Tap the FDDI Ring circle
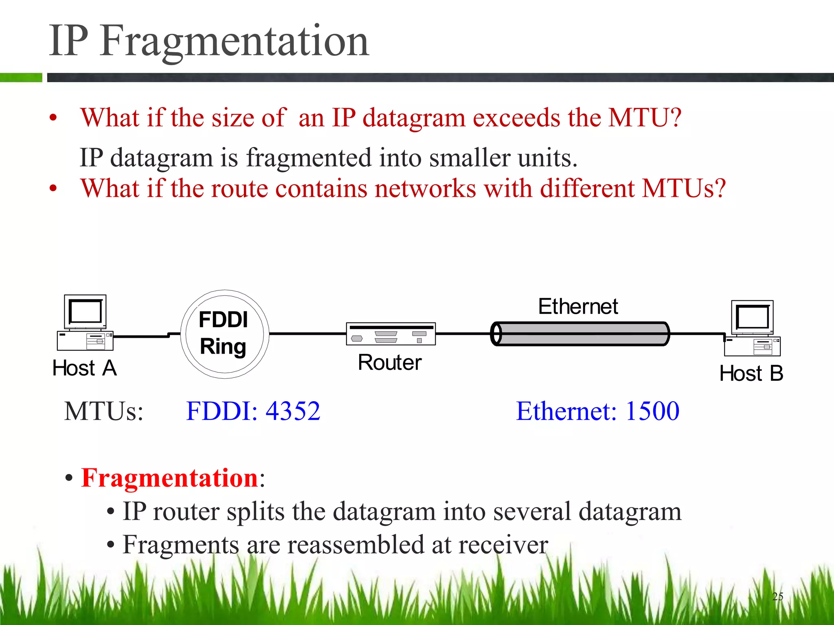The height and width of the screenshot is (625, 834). click(x=224, y=334)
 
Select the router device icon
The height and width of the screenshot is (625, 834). click(x=391, y=334)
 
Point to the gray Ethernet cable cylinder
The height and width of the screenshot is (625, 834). click(x=580, y=334)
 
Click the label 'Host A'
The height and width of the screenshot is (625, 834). click(x=85, y=368)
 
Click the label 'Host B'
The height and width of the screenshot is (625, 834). click(x=751, y=374)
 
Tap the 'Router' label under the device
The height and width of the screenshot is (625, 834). click(x=390, y=363)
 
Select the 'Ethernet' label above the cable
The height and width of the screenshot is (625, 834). click(x=578, y=306)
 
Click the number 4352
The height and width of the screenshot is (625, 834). click(x=293, y=411)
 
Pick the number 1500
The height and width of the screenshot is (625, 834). click(x=652, y=411)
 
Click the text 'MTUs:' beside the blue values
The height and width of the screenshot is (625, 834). click(x=104, y=411)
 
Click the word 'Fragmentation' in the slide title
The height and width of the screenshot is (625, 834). click(x=235, y=41)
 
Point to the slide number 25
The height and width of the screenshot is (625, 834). click(x=777, y=597)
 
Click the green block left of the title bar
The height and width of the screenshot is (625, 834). click(x=21, y=77)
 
